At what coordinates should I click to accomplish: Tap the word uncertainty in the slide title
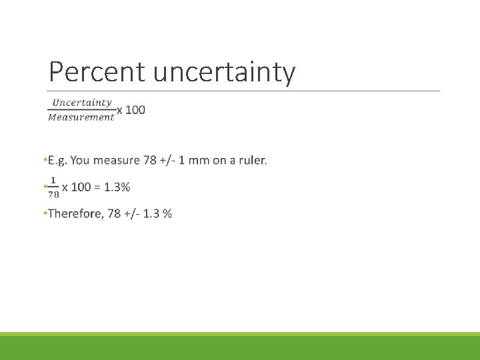click(x=225, y=72)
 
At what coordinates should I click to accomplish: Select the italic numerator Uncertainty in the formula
click(x=82, y=102)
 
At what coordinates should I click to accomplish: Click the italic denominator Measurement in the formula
click(x=81, y=117)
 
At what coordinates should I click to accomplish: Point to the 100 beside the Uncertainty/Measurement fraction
click(x=135, y=109)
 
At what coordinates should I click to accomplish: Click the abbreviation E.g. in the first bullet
click(x=57, y=160)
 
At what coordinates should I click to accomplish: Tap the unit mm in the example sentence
click(x=199, y=160)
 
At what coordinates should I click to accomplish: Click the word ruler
click(x=252, y=160)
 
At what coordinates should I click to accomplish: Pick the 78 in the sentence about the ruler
click(x=150, y=160)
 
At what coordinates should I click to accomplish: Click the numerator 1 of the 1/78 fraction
click(x=53, y=180)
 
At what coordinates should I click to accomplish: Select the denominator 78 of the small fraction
click(x=53, y=195)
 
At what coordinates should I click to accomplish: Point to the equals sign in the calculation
click(x=97, y=187)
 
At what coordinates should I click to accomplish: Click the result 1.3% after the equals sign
click(x=117, y=187)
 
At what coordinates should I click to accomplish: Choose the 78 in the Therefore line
click(x=114, y=213)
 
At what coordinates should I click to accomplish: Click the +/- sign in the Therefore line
click(x=132, y=213)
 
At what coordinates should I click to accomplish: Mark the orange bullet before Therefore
click(x=44, y=213)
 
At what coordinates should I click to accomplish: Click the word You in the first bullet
click(x=79, y=160)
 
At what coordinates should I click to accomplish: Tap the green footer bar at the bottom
click(x=240, y=347)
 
